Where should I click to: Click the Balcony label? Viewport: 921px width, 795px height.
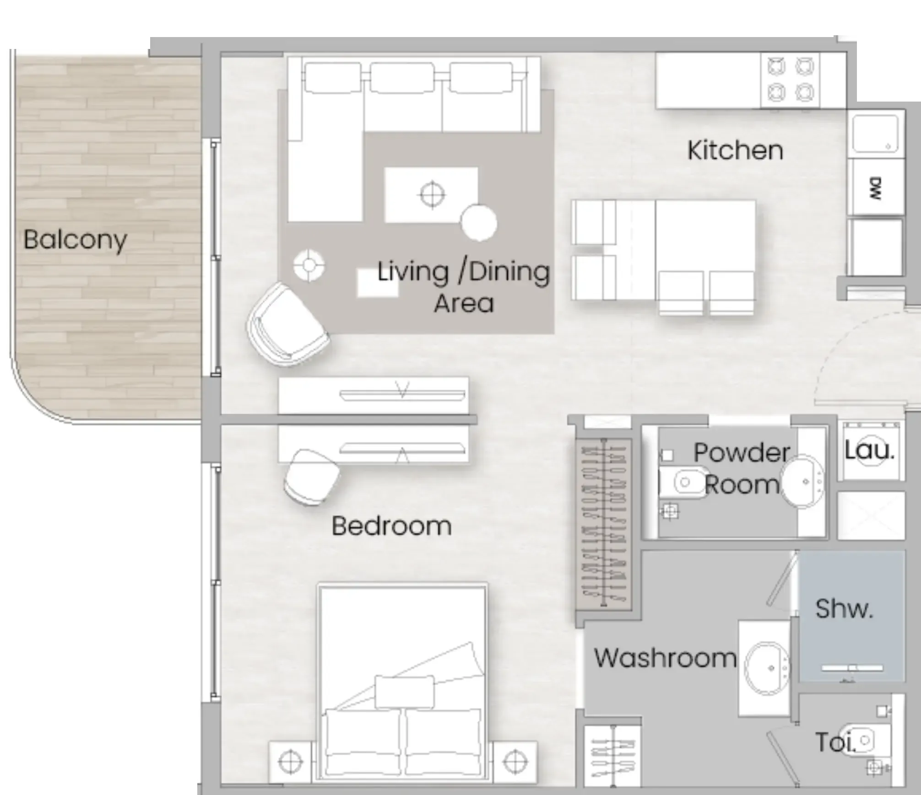pyautogui.click(x=75, y=240)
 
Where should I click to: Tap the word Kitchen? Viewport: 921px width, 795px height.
pyautogui.click(x=735, y=150)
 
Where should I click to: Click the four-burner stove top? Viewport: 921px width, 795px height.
pyautogui.click(x=790, y=80)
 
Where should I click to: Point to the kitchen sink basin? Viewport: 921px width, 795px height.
pyautogui.click(x=876, y=134)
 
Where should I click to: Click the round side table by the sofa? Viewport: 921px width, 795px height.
pyautogui.click(x=479, y=222)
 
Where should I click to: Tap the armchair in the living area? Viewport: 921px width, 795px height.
pyautogui.click(x=287, y=324)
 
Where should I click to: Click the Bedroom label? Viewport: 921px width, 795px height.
pyautogui.click(x=391, y=526)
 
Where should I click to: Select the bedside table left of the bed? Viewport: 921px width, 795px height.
pyautogui.click(x=290, y=762)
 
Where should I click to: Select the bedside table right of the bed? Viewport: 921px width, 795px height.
pyautogui.click(x=515, y=762)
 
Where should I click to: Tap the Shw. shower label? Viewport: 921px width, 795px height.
pyautogui.click(x=844, y=609)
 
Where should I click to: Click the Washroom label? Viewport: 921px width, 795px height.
pyautogui.click(x=665, y=658)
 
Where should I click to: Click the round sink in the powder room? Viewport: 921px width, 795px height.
pyautogui.click(x=802, y=481)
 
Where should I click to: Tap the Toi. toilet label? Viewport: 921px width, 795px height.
pyautogui.click(x=835, y=742)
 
